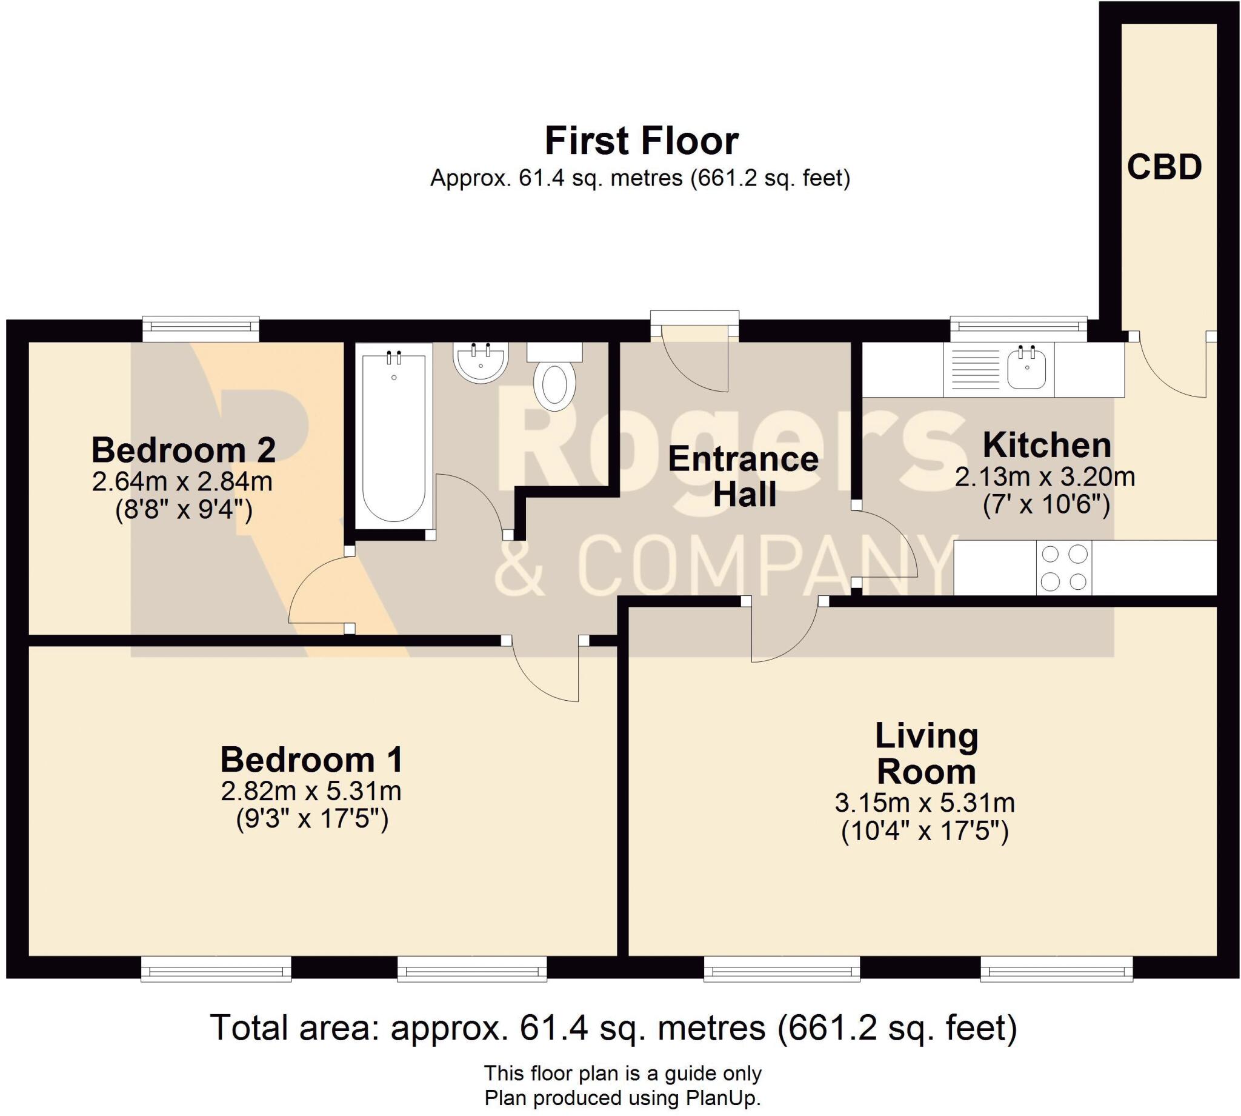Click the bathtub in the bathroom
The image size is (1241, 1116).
(x=393, y=436)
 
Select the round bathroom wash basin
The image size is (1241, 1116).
(x=481, y=362)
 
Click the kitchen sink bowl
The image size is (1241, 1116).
(x=1026, y=367)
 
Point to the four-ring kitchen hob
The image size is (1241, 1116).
(x=1064, y=567)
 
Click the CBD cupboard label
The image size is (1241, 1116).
(x=1164, y=167)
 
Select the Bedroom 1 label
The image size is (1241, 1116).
(x=312, y=760)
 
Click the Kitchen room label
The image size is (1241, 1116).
(x=1046, y=445)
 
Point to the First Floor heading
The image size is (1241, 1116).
(x=641, y=141)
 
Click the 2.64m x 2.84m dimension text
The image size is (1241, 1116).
(x=182, y=482)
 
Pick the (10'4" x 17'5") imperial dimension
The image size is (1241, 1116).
(x=925, y=832)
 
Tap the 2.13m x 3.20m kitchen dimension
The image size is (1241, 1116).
(x=1045, y=476)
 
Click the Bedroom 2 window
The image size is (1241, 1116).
(x=201, y=329)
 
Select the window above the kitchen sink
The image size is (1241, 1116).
(x=1019, y=329)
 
